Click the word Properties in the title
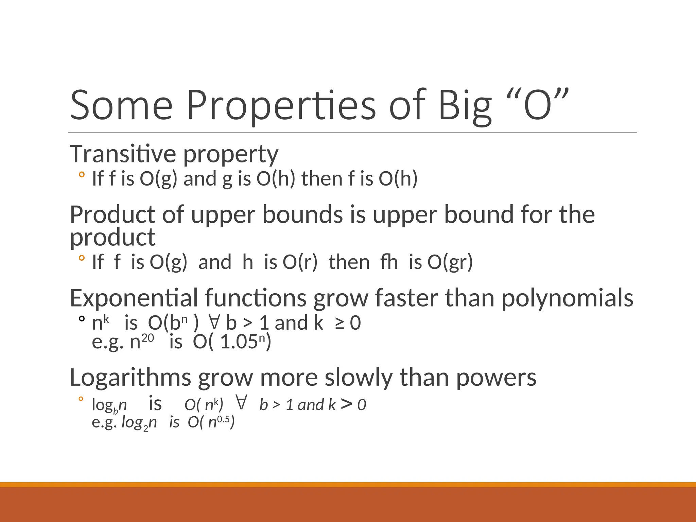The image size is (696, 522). [x=281, y=105]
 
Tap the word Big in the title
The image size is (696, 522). [x=465, y=105]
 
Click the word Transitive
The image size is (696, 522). [x=123, y=154]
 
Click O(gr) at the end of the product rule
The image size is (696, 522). [x=450, y=262]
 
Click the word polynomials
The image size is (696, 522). [x=567, y=298]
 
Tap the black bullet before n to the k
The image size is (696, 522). [x=81, y=319]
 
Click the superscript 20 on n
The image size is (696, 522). [x=147, y=338]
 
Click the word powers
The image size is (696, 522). [x=496, y=377]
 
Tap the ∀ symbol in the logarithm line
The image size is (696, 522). [x=241, y=403]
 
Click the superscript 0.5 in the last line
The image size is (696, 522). [x=223, y=419]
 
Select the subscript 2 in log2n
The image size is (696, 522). [x=146, y=428]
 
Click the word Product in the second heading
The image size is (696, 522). [x=112, y=215]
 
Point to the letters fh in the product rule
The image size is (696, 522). [x=389, y=262]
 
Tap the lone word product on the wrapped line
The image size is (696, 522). [x=112, y=237]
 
